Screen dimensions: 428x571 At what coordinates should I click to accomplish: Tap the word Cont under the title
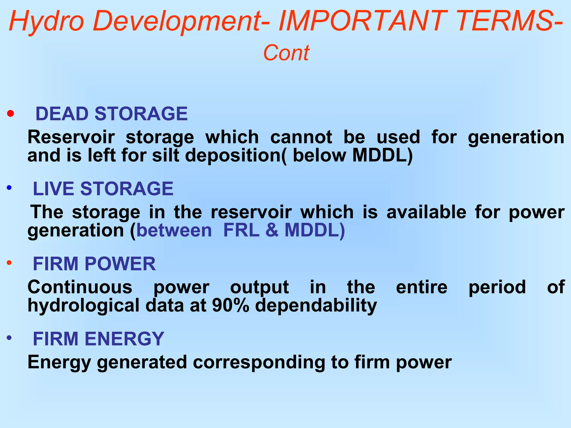click(x=286, y=53)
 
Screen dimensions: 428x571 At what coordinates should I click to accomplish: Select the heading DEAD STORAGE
click(x=112, y=114)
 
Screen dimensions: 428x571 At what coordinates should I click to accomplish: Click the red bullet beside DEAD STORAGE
click(x=11, y=113)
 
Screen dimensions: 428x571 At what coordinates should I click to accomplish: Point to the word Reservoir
click(x=71, y=137)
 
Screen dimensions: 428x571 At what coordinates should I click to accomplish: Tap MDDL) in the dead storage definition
click(x=382, y=155)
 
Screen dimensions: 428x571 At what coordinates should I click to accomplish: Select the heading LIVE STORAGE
click(x=103, y=189)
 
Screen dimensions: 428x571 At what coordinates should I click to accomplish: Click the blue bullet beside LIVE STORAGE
click(x=9, y=188)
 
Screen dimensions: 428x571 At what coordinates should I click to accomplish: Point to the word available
click(x=426, y=212)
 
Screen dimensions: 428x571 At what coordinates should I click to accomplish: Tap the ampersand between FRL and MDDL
click(x=272, y=230)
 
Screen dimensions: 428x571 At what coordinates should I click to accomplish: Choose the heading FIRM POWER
click(x=94, y=264)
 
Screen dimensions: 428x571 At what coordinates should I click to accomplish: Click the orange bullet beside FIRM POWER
click(x=9, y=262)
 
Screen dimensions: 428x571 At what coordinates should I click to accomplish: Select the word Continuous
click(x=80, y=287)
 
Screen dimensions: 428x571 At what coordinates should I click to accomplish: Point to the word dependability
click(x=316, y=306)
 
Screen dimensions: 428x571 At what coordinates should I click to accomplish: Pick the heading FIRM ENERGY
click(x=98, y=339)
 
